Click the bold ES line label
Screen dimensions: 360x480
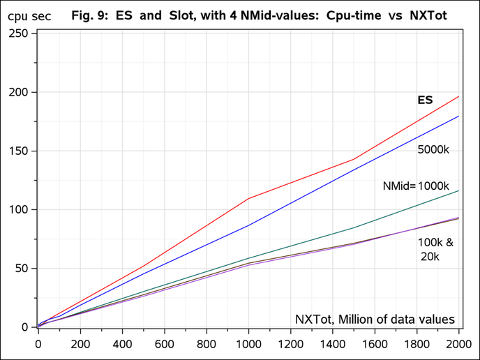425,100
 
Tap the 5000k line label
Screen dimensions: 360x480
433,150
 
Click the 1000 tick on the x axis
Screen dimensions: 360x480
248,343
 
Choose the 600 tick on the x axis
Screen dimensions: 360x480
164,343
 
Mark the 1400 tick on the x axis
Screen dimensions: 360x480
332,343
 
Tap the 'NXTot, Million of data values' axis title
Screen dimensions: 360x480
375,320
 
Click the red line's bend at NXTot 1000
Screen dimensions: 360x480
248,198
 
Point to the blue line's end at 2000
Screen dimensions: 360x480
458,116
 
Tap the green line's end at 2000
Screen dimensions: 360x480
458,190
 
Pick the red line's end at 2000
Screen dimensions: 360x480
458,96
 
